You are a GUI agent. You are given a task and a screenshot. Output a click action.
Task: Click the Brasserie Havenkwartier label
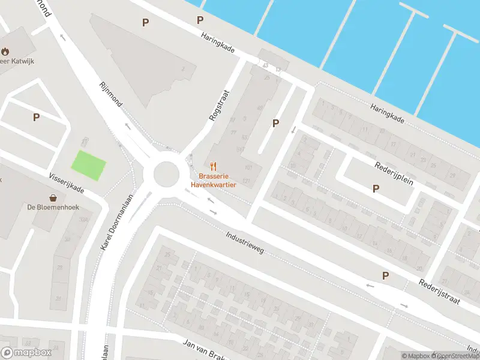(x=213, y=181)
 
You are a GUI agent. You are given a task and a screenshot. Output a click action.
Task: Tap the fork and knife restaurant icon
(x=213, y=166)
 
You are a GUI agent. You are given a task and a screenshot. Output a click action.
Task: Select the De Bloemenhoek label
(x=53, y=208)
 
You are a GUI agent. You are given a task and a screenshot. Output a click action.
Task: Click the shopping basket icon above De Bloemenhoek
(x=53, y=197)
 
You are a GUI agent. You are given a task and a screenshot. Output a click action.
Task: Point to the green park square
(x=89, y=163)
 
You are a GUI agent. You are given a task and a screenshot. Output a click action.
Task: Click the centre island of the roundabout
(x=166, y=175)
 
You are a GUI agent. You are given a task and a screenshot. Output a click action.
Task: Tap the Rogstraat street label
(x=220, y=106)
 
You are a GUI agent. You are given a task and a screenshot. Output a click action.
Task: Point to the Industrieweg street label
(x=245, y=243)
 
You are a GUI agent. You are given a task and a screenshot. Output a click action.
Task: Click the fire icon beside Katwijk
(x=5, y=52)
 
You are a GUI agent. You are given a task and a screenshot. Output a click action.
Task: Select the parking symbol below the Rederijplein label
(x=376, y=188)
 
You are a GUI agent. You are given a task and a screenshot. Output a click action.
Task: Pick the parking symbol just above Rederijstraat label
(x=385, y=276)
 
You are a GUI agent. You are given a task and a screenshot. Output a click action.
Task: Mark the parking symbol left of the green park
(x=36, y=118)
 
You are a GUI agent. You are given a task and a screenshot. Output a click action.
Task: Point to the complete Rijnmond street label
(x=110, y=95)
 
